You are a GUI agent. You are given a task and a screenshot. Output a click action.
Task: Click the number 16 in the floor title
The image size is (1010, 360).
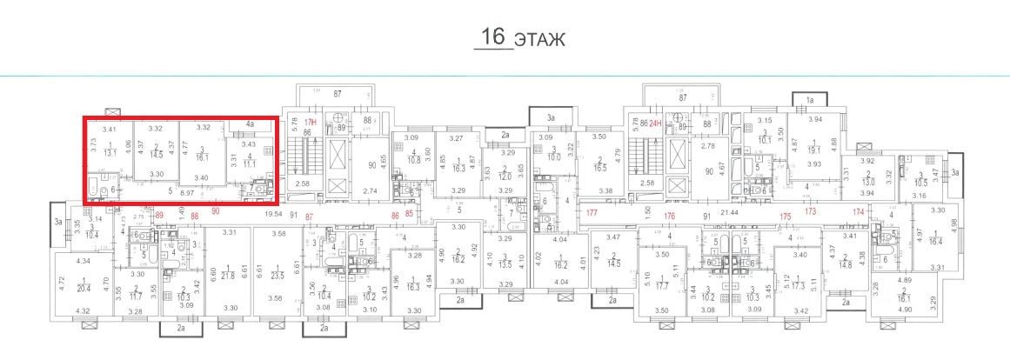[x=492, y=37]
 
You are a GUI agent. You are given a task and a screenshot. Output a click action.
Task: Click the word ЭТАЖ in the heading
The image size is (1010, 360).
[x=540, y=39]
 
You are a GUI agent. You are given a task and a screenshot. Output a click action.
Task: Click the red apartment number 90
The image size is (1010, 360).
[x=215, y=211]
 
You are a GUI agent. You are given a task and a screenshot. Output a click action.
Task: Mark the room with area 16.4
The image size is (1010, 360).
[x=936, y=242]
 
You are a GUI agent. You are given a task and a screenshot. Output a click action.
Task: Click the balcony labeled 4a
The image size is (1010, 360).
[x=249, y=124]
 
